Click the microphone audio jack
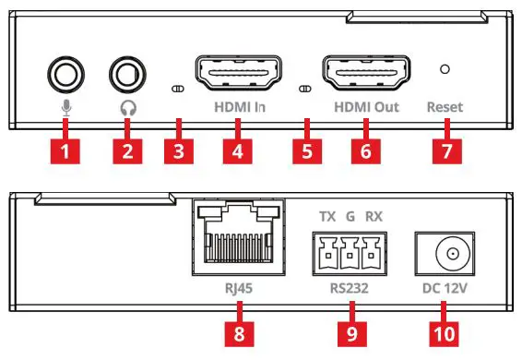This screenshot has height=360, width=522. coord(65,72)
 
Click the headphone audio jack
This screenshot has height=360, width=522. coord(125,72)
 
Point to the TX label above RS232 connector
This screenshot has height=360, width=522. coord(326,217)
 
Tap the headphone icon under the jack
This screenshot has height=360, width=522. coord(125,107)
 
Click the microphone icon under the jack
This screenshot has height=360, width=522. coord(65,107)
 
